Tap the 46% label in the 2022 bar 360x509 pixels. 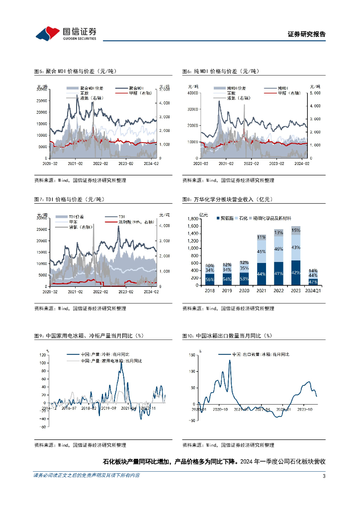279,249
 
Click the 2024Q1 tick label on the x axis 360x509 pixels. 313,290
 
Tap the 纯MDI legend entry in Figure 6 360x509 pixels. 281,88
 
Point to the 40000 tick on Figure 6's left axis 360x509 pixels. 193,93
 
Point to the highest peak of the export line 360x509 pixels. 230,360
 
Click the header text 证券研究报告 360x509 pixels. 307,34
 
